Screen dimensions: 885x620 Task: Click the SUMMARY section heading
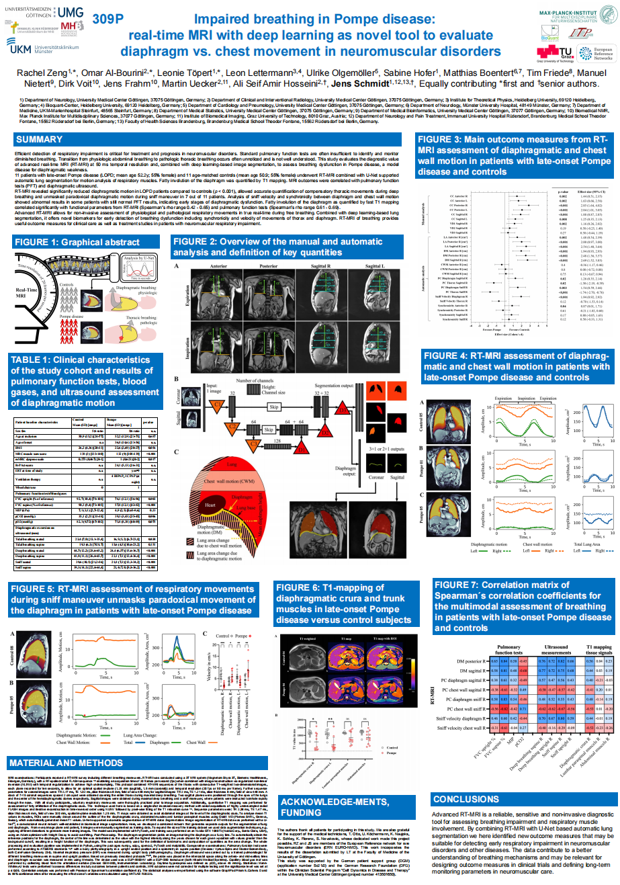39,139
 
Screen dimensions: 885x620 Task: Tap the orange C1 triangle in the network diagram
218,405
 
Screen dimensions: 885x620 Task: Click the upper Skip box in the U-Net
273,407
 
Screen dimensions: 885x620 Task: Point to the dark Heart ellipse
210,505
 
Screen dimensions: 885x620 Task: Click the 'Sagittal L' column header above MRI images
375,267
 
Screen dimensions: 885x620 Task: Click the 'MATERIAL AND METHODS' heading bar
66,763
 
